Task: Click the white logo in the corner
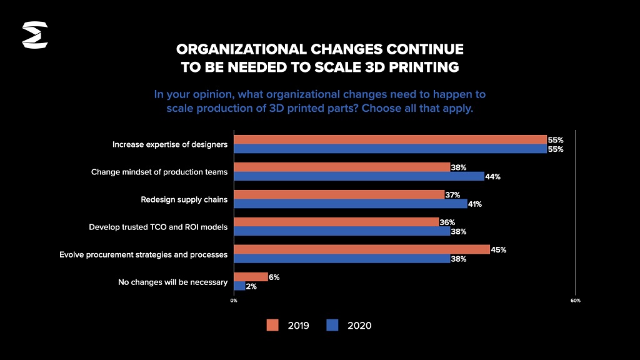coord(35,35)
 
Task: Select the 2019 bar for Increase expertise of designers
coord(390,140)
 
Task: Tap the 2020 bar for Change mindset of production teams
coord(359,176)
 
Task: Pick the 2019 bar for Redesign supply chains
coord(339,195)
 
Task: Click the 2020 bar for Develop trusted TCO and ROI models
coord(342,231)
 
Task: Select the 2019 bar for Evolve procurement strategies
coord(361,249)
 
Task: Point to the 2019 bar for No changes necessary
coord(251,277)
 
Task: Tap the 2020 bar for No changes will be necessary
coord(239,286)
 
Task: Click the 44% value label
coord(493,177)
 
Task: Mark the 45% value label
coord(499,250)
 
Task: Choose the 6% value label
coord(274,277)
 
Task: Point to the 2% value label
coord(251,286)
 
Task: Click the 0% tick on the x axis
coord(234,301)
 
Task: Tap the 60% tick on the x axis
coord(576,301)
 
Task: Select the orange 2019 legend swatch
coord(272,325)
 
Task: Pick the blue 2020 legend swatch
coord(332,325)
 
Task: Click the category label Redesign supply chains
coord(184,200)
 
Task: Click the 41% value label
coord(474,204)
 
